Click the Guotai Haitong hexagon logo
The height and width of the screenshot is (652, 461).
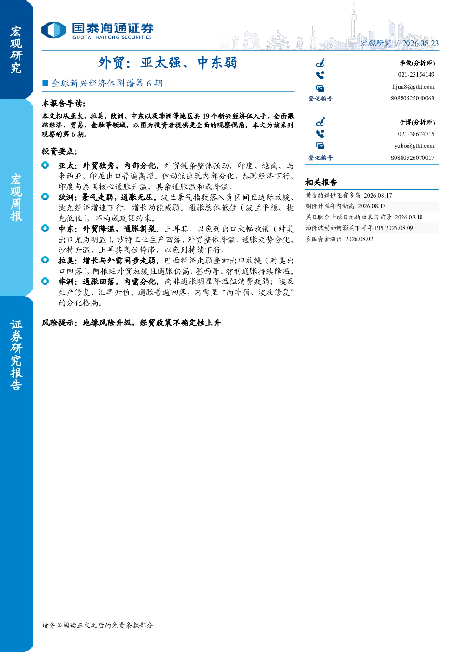54,30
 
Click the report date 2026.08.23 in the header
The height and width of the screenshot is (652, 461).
421,43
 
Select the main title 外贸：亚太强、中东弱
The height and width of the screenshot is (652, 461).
168,63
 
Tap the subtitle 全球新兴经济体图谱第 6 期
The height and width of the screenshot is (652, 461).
107,83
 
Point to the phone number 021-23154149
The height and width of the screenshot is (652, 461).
416,75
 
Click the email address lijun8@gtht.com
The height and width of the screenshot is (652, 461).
413,87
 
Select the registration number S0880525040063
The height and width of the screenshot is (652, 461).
412,99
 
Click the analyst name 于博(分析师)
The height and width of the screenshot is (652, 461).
417,122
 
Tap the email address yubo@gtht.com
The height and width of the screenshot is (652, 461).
414,146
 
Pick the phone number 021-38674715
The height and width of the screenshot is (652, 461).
416,134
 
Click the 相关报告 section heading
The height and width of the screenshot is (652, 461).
321,183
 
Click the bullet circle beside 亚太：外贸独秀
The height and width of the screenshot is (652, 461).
45,165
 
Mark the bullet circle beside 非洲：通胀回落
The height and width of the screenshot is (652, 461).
45,281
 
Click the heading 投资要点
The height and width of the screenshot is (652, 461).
59,151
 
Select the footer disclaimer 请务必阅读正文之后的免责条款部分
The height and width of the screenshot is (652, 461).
97,625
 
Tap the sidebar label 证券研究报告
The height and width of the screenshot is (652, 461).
16,355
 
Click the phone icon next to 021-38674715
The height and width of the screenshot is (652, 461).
320,134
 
